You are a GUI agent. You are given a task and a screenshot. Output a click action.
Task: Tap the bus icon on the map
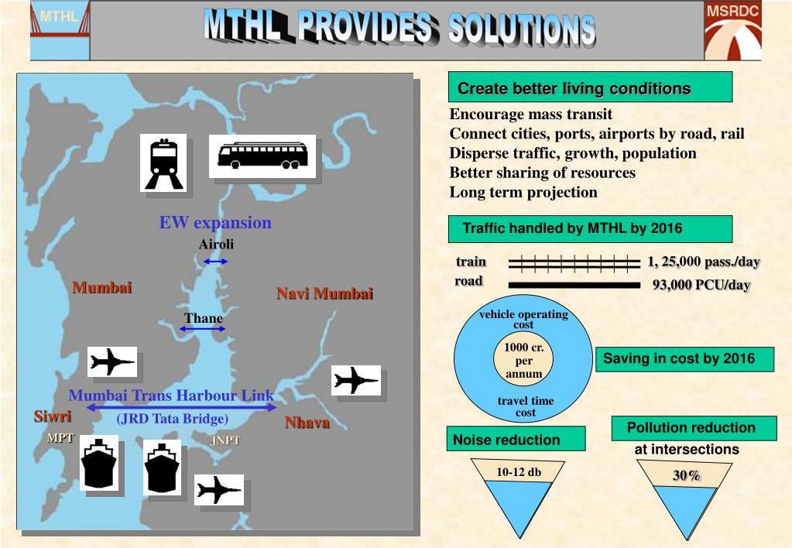(x=262, y=156)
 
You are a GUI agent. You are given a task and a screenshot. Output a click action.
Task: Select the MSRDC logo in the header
(x=732, y=31)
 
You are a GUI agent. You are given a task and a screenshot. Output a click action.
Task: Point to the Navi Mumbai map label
(x=324, y=293)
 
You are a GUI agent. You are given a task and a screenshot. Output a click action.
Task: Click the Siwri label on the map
(x=52, y=416)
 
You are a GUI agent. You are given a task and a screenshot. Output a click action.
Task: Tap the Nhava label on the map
(x=307, y=423)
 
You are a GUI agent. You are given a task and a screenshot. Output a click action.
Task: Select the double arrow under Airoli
(x=215, y=262)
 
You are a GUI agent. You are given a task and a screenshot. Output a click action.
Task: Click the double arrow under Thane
(x=203, y=330)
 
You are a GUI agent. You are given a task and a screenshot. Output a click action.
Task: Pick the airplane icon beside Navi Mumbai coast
(x=357, y=380)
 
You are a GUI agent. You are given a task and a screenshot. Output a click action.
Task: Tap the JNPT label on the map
(x=225, y=441)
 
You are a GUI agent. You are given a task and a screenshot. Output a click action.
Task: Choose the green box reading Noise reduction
(x=516, y=440)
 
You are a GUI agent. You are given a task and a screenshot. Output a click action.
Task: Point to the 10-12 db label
(x=519, y=472)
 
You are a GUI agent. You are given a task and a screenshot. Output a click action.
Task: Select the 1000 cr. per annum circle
(x=523, y=361)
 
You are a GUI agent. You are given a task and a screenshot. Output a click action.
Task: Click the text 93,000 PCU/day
(x=701, y=285)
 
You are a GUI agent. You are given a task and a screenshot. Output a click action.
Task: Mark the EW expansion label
(x=215, y=223)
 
